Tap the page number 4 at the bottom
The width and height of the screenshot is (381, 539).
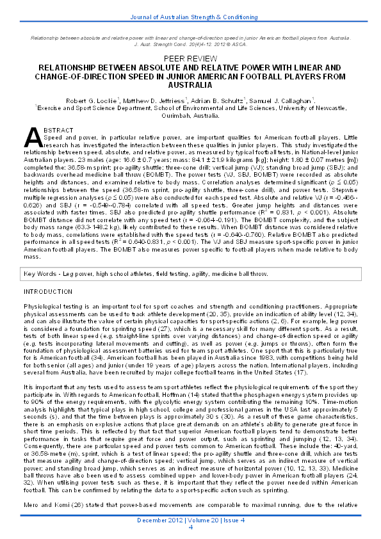coord(190,527)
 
